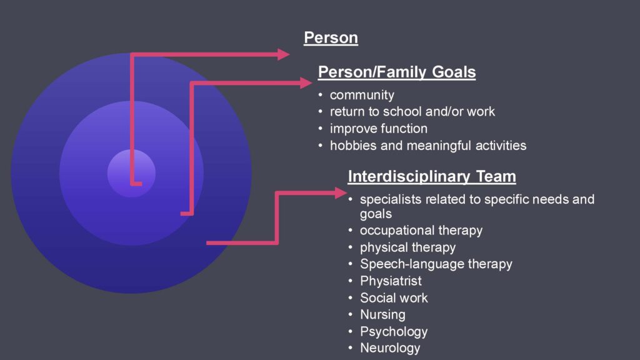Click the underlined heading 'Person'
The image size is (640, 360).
point(331,37)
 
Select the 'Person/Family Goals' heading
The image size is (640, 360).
point(397,72)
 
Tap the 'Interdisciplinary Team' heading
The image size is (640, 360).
point(432,177)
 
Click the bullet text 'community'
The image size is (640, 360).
point(362,95)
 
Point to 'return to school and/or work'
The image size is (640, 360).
point(412,111)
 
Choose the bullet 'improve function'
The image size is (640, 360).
point(379,129)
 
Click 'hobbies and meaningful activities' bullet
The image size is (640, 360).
point(428,146)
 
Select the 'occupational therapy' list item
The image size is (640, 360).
point(421,231)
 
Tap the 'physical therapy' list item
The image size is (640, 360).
point(407,247)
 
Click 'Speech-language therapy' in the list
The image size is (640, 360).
point(436,264)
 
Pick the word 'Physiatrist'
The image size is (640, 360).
point(391,281)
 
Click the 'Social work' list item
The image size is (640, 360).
point(394,298)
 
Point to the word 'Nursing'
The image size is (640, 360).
point(383,315)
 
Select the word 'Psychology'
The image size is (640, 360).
point(394,331)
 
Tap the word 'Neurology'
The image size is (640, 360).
point(390,348)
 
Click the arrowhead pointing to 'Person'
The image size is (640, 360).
point(283,54)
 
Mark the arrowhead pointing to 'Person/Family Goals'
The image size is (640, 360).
point(306,83)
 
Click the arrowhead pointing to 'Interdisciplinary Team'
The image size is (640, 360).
point(341,193)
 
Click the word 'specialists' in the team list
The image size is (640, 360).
point(391,199)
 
